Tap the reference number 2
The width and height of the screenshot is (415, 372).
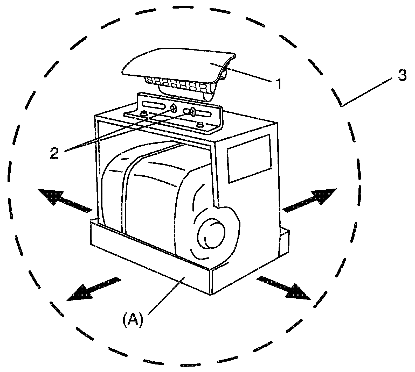pyautogui.click(x=54, y=153)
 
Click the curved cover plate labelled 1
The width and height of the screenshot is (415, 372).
pyautogui.click(x=179, y=62)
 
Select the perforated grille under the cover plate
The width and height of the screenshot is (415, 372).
pyautogui.click(x=179, y=84)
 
